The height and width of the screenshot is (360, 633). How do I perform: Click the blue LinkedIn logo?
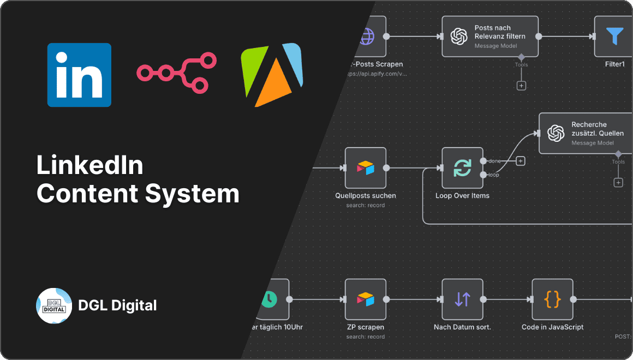point(79,75)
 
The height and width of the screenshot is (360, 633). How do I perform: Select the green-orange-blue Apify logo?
point(271,75)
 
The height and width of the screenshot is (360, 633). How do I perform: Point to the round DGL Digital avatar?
point(54,305)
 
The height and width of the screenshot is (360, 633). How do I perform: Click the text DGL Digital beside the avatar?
point(117,305)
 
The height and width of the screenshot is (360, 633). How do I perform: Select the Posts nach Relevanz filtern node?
point(489,37)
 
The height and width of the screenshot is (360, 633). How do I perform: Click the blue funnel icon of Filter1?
point(614,37)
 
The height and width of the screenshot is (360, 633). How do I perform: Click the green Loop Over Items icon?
point(462,168)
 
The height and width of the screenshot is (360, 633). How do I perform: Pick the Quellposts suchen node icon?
point(366,168)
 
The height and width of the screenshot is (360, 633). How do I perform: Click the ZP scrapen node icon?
point(366,299)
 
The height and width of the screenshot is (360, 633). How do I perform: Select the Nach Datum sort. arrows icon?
point(462,299)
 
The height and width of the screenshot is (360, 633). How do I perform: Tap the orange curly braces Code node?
point(552,299)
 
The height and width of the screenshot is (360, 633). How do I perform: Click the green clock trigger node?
point(270,299)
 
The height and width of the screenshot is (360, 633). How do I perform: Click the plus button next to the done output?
point(521,161)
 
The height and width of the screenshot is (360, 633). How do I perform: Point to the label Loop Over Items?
point(462,195)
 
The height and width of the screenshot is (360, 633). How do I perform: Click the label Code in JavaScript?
point(552,327)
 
